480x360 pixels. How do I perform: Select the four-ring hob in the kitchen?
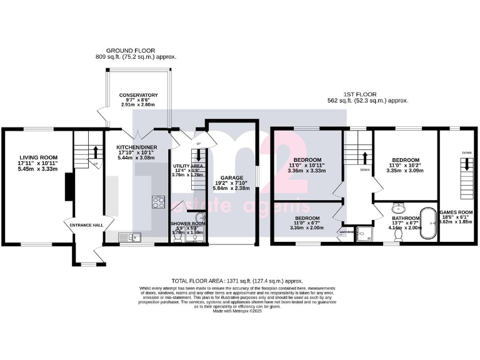(158, 202)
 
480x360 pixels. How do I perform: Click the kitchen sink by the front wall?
(131, 236)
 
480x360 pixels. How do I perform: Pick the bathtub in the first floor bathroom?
(430, 221)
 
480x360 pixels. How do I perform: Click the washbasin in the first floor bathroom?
(398, 208)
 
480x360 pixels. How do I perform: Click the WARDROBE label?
(346, 231)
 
